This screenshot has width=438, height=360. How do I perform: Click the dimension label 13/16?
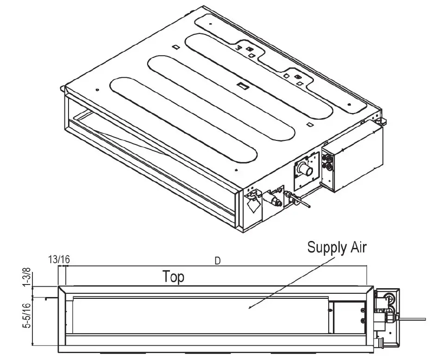59,259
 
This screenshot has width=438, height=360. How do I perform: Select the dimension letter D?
217,260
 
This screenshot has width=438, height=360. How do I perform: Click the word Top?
173,277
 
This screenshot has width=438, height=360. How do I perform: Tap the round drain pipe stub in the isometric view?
304,168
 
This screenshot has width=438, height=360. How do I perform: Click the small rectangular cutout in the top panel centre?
243,85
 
